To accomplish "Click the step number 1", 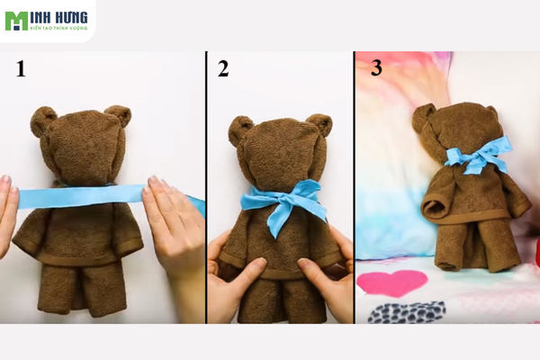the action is click(21, 68).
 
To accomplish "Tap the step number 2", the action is click(223, 68).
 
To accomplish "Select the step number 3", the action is click(376, 67).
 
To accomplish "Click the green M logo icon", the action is click(16, 21).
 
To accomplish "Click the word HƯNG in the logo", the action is click(72, 17).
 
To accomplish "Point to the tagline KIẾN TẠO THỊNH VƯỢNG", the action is click(58, 28).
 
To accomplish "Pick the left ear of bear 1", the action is click(42, 121).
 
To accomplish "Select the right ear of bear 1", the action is click(119, 115).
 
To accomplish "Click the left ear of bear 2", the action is click(239, 130).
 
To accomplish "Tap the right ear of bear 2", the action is click(319, 124).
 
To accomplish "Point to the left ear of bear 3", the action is click(423, 117).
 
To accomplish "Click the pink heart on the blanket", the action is click(391, 283).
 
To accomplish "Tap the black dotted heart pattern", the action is click(407, 312).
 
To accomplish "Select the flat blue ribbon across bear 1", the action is click(84, 196).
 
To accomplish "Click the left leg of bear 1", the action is click(55, 289).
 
